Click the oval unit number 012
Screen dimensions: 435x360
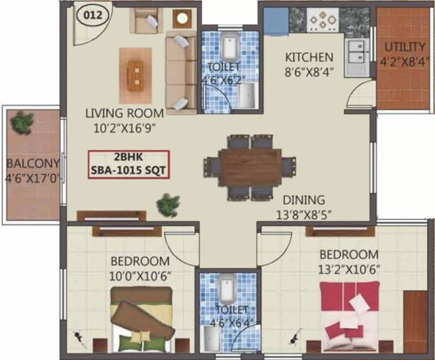(x=93, y=16)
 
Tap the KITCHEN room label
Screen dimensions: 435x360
(x=309, y=57)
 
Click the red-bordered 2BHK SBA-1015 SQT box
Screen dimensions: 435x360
(x=129, y=164)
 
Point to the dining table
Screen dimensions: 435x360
(x=251, y=168)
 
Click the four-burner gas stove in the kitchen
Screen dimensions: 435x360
(x=323, y=19)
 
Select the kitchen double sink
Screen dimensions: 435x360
(x=357, y=57)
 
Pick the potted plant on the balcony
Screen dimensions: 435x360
(x=21, y=123)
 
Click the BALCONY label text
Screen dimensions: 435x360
(x=33, y=163)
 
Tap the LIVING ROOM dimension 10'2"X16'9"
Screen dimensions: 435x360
(x=124, y=128)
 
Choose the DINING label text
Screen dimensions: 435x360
(x=304, y=200)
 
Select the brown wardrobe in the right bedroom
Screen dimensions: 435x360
(x=416, y=321)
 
